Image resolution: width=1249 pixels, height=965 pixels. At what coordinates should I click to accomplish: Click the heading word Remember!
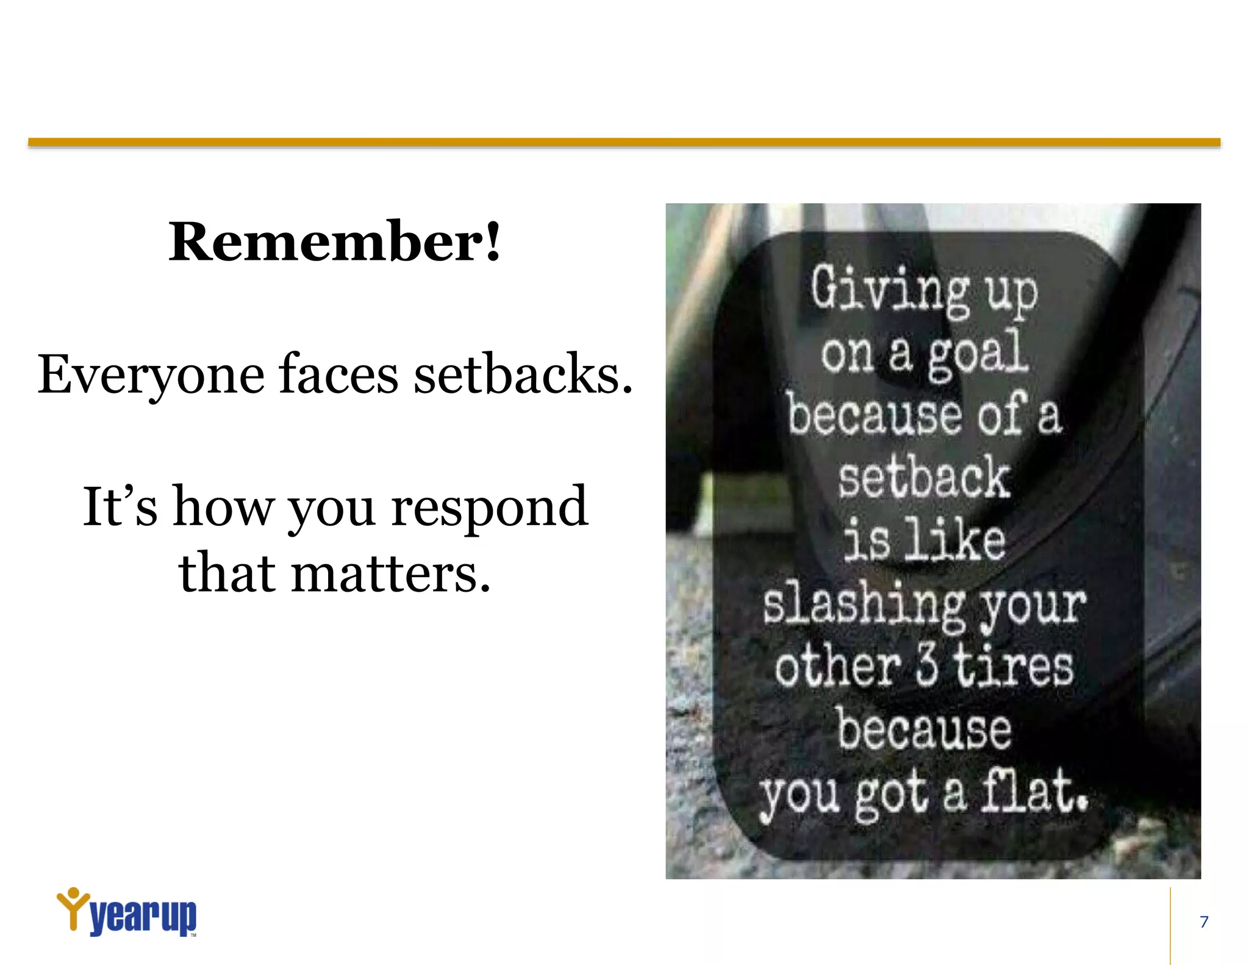point(334,242)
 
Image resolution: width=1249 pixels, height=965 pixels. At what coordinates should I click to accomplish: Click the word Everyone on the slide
point(151,375)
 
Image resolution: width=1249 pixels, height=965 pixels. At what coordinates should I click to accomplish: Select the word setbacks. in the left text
point(523,373)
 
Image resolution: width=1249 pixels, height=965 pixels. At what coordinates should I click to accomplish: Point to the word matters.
point(390,573)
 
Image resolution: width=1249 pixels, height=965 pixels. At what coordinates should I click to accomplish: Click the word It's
point(120,506)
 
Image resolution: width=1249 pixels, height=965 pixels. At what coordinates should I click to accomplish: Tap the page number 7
point(1204,922)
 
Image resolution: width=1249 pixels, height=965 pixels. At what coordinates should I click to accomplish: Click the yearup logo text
point(143,916)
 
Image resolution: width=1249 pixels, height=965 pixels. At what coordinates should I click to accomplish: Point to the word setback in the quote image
point(923,478)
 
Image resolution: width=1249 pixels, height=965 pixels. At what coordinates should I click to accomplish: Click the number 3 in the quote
point(926,666)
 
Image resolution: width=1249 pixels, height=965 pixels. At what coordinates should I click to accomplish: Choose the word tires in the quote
point(1012,666)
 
